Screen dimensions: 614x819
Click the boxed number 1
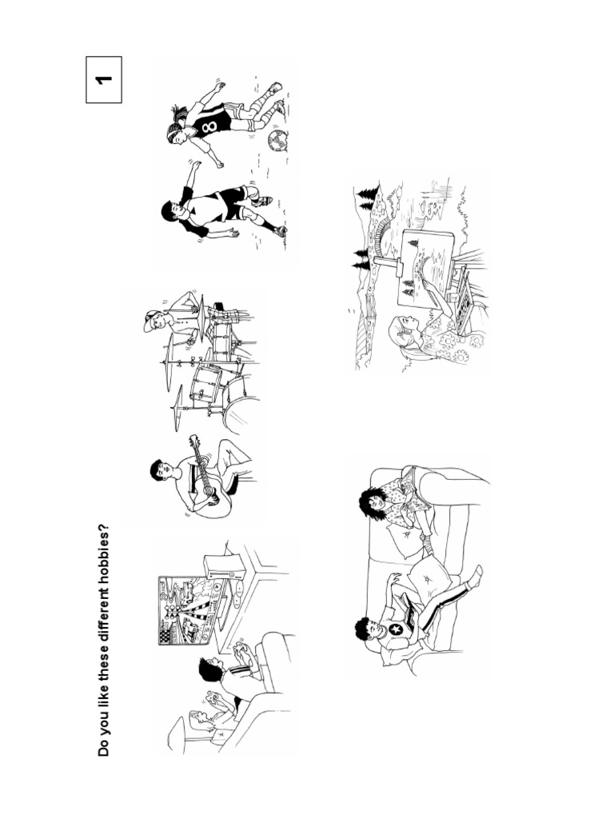click(104, 79)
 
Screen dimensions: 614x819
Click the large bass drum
click(242, 413)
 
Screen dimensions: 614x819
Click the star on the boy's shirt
click(397, 630)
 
